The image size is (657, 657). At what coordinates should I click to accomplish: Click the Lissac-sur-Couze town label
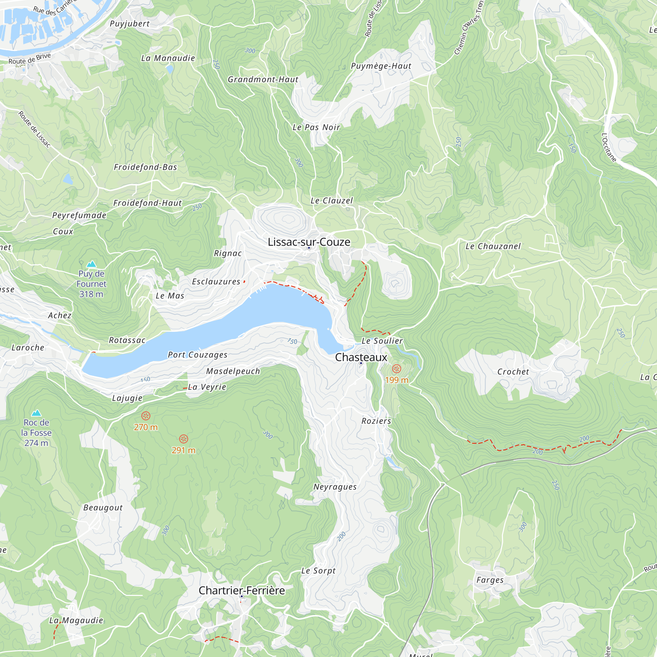point(309,242)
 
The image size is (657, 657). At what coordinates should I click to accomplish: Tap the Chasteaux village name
point(361,357)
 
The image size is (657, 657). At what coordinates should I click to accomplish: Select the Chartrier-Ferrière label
point(241,590)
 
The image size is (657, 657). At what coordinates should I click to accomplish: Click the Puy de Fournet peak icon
point(91,264)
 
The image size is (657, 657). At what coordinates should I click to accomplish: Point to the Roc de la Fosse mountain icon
point(36,413)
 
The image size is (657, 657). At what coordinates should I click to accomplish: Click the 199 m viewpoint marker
point(396,369)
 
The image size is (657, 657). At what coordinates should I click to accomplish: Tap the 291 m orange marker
point(183,439)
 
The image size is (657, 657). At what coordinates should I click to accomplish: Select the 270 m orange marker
point(146,416)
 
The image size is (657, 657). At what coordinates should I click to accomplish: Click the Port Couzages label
point(197,355)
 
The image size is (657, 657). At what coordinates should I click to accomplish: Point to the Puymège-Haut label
point(381,66)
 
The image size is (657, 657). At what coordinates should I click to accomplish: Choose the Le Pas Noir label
point(316,127)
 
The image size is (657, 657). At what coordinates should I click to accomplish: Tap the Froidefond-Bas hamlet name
point(145,167)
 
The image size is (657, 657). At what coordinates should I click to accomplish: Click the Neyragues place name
point(335,487)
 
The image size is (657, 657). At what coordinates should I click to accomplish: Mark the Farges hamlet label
point(490,580)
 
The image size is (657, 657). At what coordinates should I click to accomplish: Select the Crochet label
point(513,372)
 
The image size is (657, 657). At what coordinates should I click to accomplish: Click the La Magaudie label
point(76,620)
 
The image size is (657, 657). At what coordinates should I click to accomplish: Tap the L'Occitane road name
point(609,147)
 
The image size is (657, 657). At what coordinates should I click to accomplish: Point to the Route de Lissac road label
point(34,129)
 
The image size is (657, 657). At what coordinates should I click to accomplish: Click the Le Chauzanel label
point(493,246)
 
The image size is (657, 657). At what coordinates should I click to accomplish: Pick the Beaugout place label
point(103,508)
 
